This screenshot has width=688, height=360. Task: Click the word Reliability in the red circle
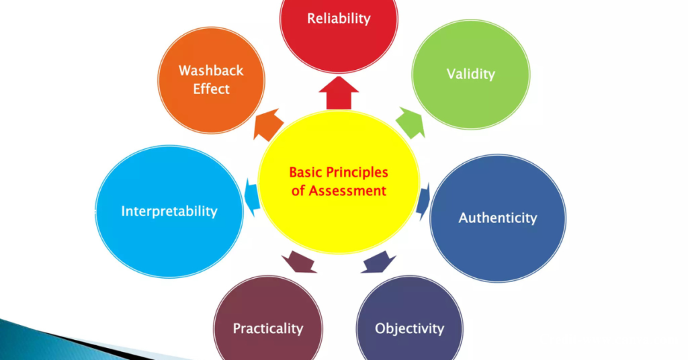tap(339, 18)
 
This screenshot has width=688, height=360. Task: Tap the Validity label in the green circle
tap(470, 74)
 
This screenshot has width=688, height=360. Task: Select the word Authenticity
tap(497, 218)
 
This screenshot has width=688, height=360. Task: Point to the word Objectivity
tap(409, 328)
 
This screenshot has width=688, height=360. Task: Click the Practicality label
tap(267, 328)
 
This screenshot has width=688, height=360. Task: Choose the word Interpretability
tap(169, 211)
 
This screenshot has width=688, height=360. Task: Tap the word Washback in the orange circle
tap(211, 71)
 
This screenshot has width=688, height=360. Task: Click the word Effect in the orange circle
tap(211, 89)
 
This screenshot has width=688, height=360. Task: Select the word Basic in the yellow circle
tap(306, 173)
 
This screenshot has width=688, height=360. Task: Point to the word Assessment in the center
tap(348, 191)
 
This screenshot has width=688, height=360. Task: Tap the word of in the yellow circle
tap(299, 191)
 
